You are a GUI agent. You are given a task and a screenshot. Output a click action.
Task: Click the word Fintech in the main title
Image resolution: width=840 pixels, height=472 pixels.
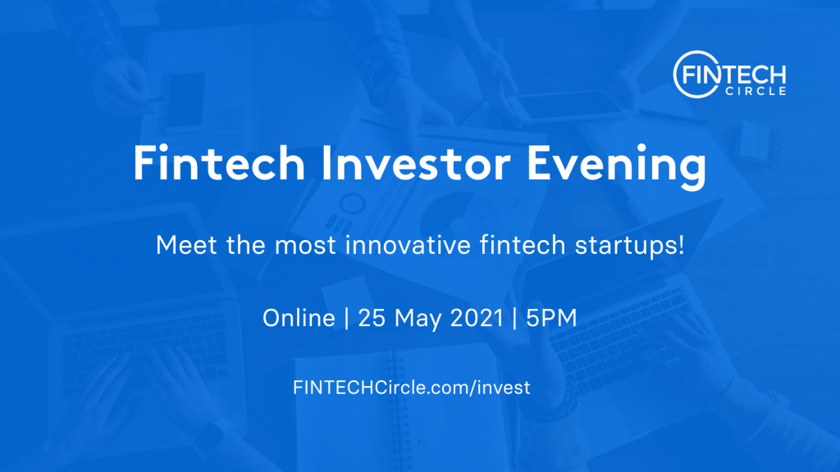coord(219,163)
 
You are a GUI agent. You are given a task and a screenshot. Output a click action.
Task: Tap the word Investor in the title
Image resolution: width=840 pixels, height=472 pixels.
coord(416,163)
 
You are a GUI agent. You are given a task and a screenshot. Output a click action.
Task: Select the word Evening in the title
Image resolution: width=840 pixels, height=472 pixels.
coord(617,166)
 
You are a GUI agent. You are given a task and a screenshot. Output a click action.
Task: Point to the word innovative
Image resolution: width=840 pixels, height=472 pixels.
coord(409,245)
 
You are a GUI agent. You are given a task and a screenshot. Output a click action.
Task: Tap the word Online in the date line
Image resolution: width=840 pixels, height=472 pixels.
coord(299,318)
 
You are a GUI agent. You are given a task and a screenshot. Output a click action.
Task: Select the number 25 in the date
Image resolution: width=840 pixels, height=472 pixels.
coord(372,318)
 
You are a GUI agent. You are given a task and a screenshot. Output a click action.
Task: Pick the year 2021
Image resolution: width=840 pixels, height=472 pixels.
coord(477,318)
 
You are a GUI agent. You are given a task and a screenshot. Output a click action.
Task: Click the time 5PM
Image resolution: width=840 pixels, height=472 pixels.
coord(551,318)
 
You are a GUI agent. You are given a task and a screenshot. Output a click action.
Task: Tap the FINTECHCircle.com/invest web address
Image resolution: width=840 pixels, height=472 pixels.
coord(412,388)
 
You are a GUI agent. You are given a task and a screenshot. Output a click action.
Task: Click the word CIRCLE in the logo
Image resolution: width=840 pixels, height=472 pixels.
coord(756,91)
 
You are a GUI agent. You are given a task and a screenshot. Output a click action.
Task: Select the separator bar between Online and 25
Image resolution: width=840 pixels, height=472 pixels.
coord(347,318)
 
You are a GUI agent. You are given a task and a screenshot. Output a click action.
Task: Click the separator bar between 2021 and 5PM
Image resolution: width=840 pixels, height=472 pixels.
coord(515,318)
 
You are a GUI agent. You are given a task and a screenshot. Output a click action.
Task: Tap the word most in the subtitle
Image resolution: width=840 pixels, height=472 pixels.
coord(305,246)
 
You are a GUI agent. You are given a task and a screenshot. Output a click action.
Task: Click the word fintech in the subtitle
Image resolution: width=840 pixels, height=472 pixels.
coord(523,245)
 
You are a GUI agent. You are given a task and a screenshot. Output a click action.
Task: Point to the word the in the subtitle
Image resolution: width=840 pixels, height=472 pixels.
coord(246,245)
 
